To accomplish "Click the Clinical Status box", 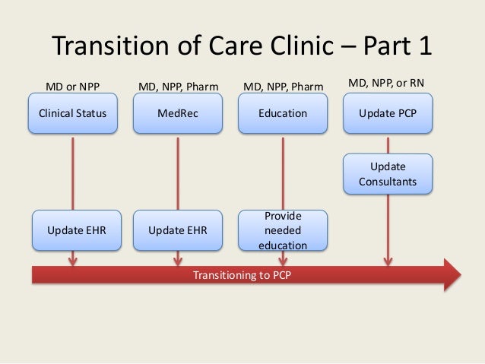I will pos(73,115).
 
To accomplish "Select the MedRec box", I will pos(178,115).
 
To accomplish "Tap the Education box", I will pos(283,115).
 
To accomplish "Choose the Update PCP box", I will pos(388,115).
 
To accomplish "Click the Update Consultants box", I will pos(388,174).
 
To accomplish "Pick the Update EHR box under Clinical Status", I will pos(73,230).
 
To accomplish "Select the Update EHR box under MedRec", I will pos(178,230).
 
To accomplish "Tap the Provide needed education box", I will pos(283,230).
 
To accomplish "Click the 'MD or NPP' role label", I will pos(73,85).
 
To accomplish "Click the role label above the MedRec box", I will pos(178,85).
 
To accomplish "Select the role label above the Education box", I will pos(283,85).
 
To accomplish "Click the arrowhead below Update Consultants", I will pos(388,261).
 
